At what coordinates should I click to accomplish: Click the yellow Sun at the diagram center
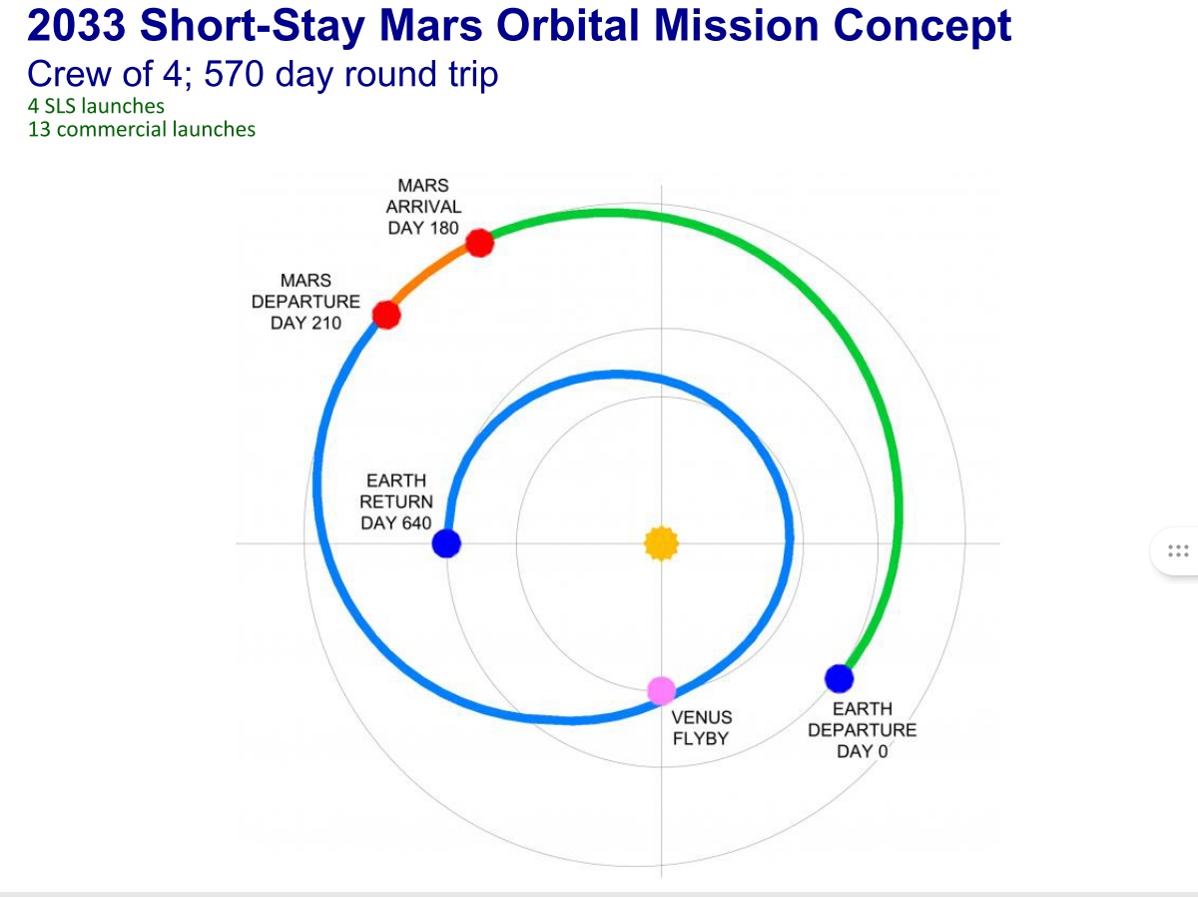coord(661,543)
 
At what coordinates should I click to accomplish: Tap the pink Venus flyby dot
coord(661,691)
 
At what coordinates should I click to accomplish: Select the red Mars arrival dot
coord(480,243)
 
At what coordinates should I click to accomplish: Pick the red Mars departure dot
coord(386,315)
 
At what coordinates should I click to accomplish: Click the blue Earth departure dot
coord(839,678)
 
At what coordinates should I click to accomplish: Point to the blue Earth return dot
coord(446,543)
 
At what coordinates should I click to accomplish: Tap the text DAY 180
coord(423,228)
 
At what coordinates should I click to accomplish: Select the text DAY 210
coord(305,324)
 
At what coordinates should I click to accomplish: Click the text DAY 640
coord(395,523)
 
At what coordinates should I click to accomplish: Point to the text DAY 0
coord(862,751)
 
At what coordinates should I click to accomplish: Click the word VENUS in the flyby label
coord(702,717)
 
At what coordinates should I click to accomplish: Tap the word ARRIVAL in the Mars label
coord(423,207)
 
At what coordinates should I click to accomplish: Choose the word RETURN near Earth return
coord(396,501)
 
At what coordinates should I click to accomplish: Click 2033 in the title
coord(77,25)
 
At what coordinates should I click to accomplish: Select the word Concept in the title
coord(922,26)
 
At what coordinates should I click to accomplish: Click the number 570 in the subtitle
coord(235,74)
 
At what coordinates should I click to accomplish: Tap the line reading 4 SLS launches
coord(96,106)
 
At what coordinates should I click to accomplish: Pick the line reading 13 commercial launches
coord(142,130)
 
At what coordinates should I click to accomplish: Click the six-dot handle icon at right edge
coord(1178,550)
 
